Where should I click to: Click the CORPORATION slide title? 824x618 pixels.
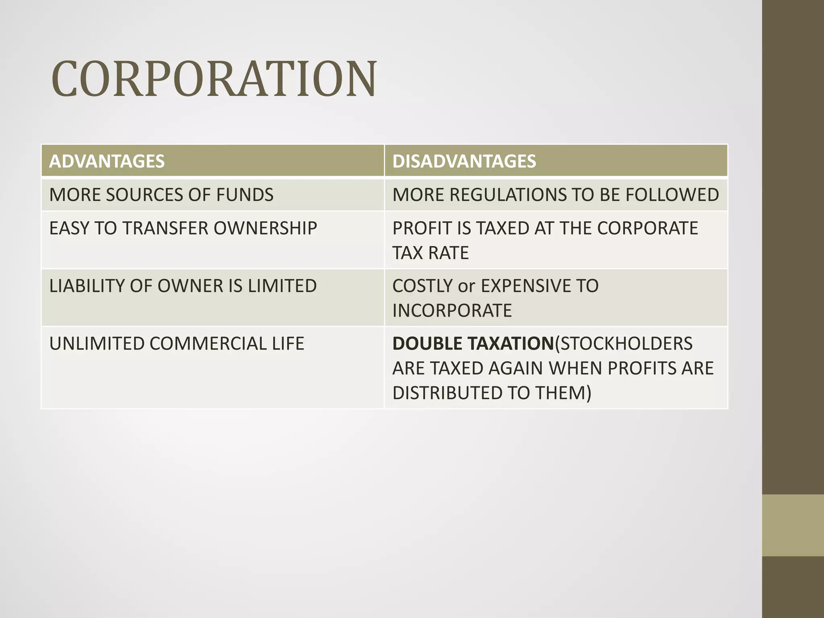click(214, 79)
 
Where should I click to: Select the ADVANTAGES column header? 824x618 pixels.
click(107, 161)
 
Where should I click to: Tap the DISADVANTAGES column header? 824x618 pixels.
click(464, 161)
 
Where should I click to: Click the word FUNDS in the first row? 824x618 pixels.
click(245, 195)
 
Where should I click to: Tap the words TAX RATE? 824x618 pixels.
click(431, 253)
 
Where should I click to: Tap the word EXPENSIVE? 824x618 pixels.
click(526, 286)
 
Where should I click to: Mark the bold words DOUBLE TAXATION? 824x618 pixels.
click(473, 344)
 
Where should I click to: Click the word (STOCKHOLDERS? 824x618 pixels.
click(624, 344)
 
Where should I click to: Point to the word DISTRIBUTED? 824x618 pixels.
click(447, 393)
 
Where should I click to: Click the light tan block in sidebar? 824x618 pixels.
click(793, 525)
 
